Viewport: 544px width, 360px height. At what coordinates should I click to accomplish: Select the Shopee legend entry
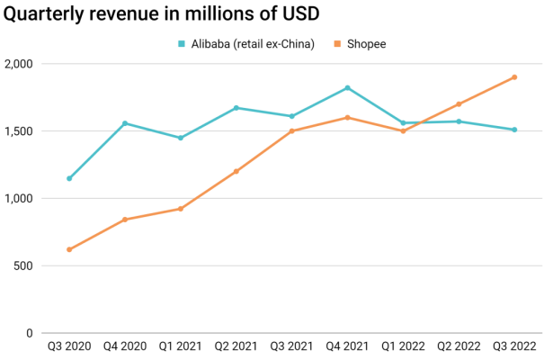(366, 43)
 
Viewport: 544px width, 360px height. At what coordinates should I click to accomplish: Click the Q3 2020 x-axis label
(68, 345)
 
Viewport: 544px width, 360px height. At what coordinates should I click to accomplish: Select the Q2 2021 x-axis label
(236, 345)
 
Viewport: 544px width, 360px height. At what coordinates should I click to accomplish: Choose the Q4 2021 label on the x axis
(348, 345)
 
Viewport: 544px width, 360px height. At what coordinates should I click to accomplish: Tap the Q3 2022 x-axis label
(513, 345)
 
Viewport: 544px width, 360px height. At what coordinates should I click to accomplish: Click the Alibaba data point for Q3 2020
(69, 178)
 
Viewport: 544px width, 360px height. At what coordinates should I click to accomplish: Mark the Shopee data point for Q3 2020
(69, 249)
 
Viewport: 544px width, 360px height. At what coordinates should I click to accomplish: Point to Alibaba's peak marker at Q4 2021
(348, 87)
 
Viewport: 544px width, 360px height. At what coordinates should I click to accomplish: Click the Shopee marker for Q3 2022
(514, 76)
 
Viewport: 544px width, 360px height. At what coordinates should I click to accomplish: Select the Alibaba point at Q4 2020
(125, 123)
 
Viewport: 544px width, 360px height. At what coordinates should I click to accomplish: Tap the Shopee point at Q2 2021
(236, 171)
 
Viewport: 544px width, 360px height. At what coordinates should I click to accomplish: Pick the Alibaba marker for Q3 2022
(514, 130)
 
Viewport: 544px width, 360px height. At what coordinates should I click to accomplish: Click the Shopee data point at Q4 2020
(125, 220)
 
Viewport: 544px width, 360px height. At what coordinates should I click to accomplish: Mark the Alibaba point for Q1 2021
(181, 138)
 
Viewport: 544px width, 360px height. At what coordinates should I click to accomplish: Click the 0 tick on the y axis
(30, 333)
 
